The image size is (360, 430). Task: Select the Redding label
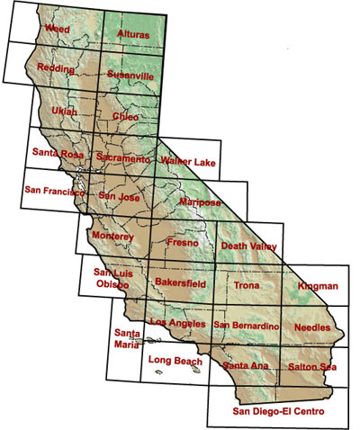click(x=56, y=68)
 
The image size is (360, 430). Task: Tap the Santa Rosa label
click(x=58, y=153)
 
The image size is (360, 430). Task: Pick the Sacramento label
click(x=123, y=158)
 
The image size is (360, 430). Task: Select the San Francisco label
click(x=55, y=192)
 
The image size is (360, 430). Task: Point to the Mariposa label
click(x=199, y=202)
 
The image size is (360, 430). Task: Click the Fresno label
click(x=184, y=243)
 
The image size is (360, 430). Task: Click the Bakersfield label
click(x=180, y=283)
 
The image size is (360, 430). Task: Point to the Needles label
click(x=314, y=328)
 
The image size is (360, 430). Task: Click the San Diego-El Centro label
click(x=277, y=412)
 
